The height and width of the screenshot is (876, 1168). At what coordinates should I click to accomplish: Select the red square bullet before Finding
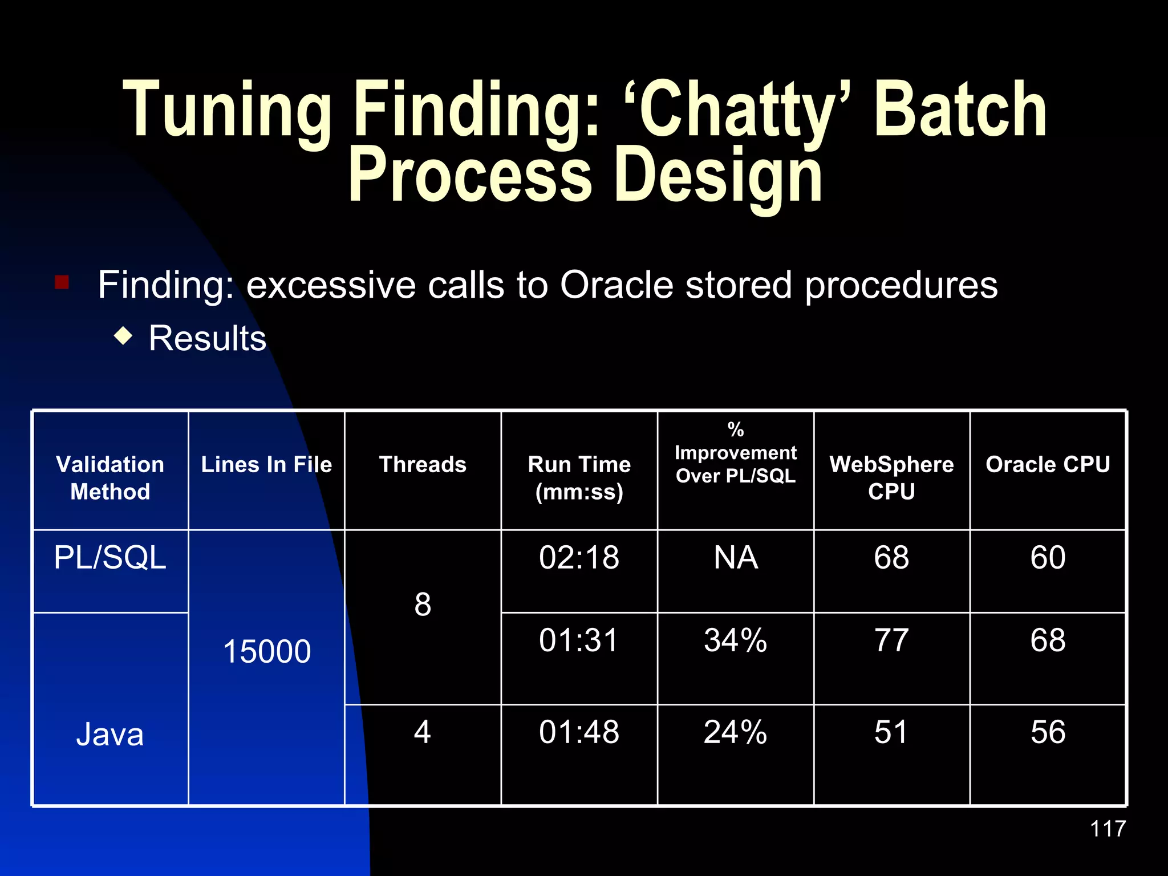62,282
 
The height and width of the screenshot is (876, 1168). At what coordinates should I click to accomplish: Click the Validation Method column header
110,477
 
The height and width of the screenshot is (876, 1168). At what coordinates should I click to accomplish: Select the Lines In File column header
266,464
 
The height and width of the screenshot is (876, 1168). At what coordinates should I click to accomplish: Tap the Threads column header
423,464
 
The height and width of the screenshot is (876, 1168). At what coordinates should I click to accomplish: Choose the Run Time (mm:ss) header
579,477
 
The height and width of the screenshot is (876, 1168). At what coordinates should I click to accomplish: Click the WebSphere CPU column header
891,477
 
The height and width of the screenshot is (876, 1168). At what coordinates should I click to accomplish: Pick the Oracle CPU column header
1048,464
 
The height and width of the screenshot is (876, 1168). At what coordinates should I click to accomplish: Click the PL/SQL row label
110,557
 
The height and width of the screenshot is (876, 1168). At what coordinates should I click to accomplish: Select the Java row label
110,734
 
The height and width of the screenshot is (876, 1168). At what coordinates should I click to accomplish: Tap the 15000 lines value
266,651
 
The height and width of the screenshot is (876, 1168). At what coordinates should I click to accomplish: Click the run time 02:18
579,557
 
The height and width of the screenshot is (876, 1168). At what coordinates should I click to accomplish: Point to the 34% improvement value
735,640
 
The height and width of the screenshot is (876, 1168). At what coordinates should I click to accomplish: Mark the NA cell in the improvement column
735,557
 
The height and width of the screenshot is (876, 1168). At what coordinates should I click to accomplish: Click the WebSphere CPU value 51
891,732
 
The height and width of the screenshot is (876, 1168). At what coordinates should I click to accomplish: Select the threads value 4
422,732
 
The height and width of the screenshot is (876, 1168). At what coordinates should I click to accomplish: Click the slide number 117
1108,829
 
